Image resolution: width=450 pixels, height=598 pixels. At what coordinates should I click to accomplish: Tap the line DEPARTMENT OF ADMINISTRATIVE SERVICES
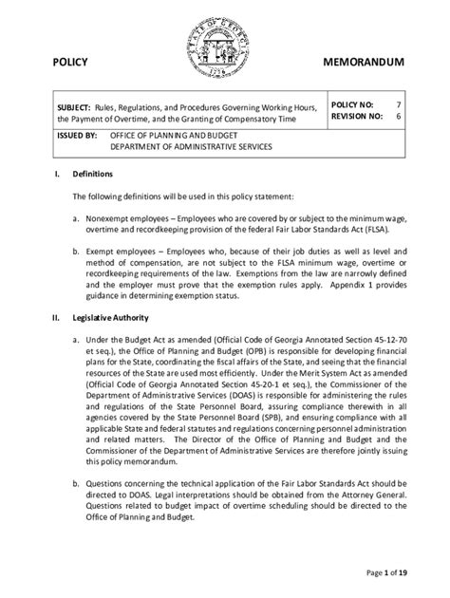click(x=190, y=148)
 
